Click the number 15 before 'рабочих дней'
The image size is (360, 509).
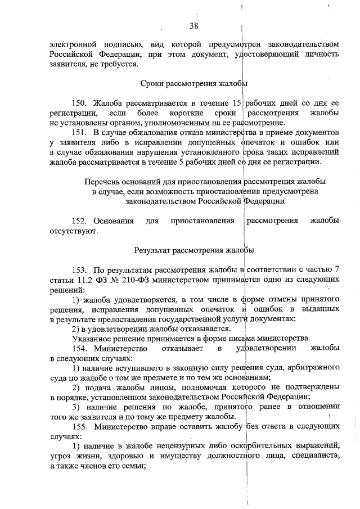[237, 103]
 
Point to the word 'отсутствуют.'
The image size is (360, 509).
[74, 231]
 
